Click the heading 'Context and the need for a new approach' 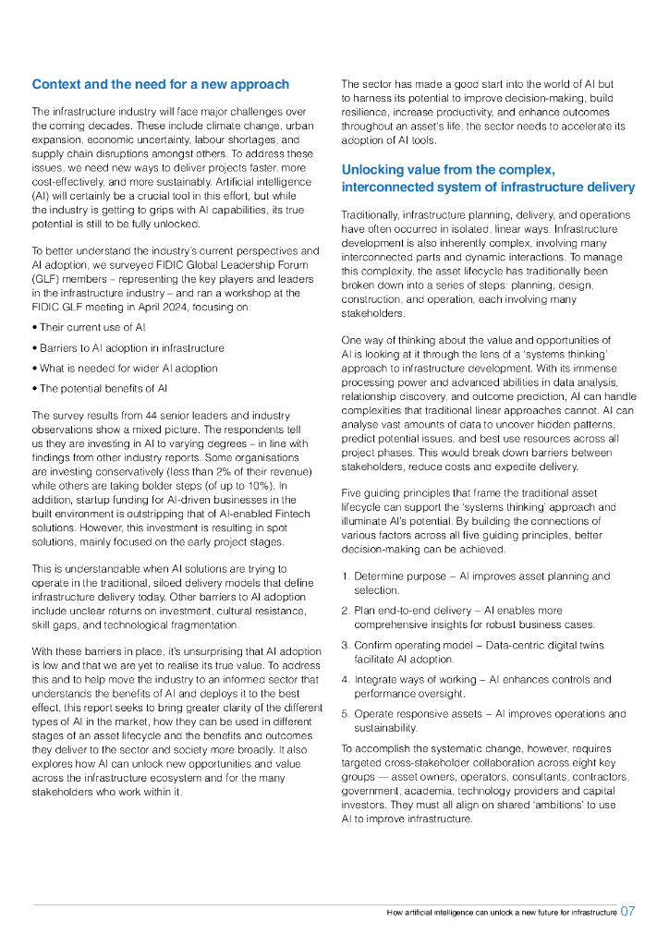[x=160, y=84]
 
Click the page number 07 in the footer [x=627, y=911]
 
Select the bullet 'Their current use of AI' [x=92, y=327]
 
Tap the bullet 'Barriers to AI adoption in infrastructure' [x=131, y=347]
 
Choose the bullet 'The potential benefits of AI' [x=103, y=388]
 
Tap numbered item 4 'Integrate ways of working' [x=417, y=679]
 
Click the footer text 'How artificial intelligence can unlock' [x=461, y=912]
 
